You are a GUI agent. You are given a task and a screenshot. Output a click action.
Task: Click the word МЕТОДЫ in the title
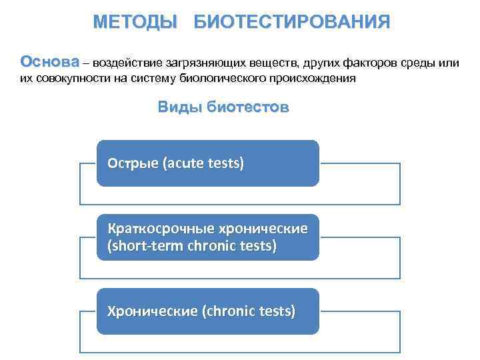click(x=135, y=22)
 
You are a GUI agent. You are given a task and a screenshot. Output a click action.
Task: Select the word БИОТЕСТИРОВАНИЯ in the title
click(x=292, y=22)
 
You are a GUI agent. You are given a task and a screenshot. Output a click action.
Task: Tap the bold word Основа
click(x=49, y=63)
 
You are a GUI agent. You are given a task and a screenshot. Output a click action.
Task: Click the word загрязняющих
click(x=204, y=64)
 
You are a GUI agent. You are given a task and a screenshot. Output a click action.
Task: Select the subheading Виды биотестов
click(x=223, y=107)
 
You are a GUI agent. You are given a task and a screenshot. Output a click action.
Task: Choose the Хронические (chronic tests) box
click(x=208, y=311)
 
